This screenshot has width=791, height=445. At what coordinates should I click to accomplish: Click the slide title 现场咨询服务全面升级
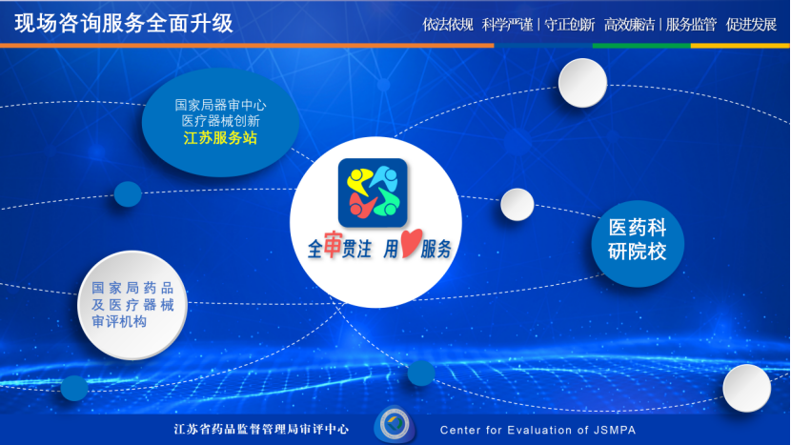pos(124,23)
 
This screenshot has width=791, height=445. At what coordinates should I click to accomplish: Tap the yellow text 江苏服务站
pos(220,138)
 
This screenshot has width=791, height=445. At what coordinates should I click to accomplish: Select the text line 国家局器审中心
pos(220,105)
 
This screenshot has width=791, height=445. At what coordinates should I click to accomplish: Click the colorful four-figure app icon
pos(373,192)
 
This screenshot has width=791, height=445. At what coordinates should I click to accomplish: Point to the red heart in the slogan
pos(411,243)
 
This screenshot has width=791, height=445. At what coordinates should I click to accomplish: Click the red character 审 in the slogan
pos(333,244)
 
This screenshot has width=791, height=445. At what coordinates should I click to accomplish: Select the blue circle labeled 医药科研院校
pos(638,244)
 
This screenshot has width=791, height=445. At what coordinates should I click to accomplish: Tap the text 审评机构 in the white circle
pos(119,321)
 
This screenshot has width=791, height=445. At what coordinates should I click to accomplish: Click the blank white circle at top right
pos(582,83)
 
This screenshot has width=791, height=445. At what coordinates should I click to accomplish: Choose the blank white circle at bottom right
pos(746,388)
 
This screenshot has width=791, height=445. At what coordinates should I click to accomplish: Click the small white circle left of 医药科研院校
pos(517,204)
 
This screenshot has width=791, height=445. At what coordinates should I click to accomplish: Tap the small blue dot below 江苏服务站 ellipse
pos(128,193)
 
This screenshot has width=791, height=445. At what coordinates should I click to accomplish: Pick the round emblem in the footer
pos(395,424)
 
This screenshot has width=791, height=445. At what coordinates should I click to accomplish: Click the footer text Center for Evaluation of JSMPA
pos(537,430)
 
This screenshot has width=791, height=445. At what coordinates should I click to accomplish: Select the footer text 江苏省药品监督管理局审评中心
pos(261,430)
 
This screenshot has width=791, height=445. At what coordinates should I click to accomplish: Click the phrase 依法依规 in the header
pos(448,24)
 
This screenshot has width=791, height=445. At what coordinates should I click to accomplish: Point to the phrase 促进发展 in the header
pos(751,24)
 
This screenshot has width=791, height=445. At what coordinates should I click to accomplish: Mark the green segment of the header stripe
pos(641,46)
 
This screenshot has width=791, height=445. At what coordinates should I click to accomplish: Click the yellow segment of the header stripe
pos(740,46)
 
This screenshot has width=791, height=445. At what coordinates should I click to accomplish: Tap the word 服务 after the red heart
pos(436,249)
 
